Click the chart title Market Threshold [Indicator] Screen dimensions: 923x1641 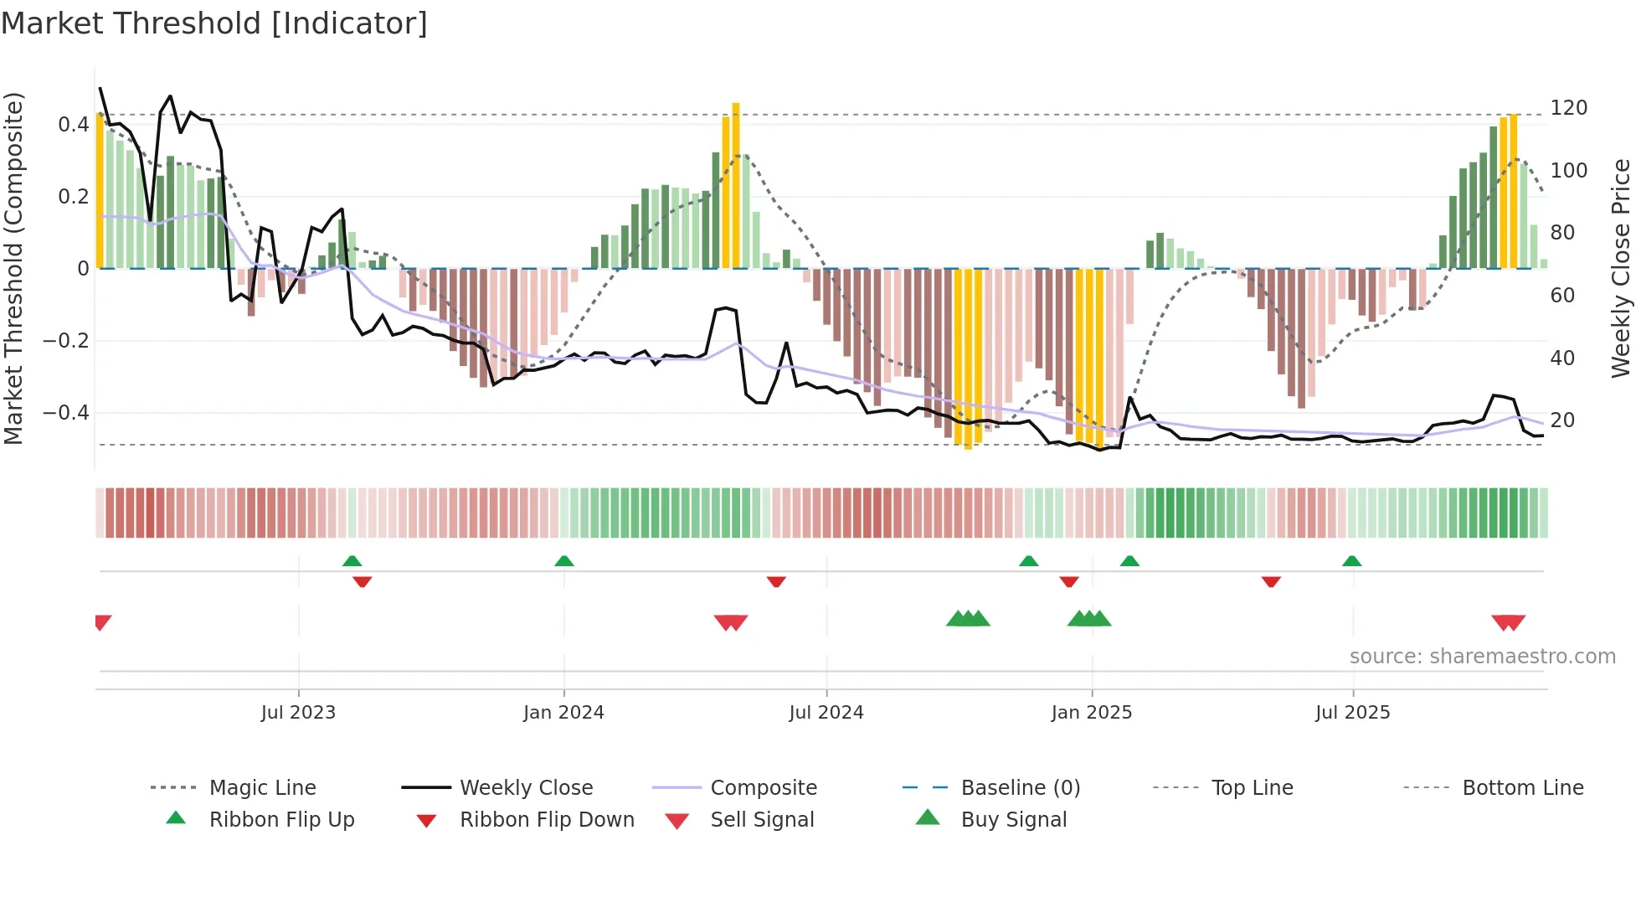(214, 23)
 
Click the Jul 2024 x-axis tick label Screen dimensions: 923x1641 (826, 713)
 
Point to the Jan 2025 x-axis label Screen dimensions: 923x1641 (1091, 713)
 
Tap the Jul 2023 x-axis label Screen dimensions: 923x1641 (298, 713)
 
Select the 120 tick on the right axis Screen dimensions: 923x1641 (1568, 108)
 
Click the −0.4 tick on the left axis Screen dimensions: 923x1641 (66, 413)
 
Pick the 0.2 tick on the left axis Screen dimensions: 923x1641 (73, 197)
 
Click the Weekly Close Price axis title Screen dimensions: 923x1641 (1621, 268)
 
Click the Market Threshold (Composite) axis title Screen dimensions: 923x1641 (13, 268)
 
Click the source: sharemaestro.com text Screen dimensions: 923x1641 (1482, 657)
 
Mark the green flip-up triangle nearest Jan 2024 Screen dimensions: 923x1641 (564, 561)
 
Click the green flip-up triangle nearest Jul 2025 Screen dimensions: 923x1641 (1351, 561)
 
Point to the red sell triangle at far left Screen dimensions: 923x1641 (102, 622)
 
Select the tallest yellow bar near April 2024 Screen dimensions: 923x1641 (736, 184)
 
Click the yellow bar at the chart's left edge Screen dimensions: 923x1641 (100, 191)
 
